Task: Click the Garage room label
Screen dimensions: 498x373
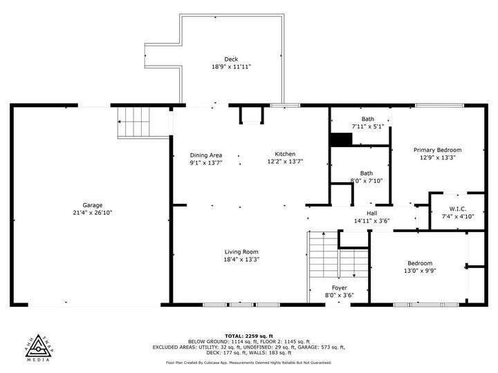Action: (x=93, y=205)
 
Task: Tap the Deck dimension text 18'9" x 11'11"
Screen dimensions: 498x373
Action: (x=231, y=67)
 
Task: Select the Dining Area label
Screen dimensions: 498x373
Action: (x=206, y=155)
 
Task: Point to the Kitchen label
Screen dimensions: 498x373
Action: (x=285, y=154)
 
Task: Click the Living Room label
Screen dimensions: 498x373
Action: (x=241, y=252)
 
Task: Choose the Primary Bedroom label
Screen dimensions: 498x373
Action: (x=437, y=150)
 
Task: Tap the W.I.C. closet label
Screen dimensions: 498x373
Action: (x=458, y=209)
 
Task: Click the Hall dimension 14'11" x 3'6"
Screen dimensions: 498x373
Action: (x=371, y=221)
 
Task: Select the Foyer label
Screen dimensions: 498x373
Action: (x=339, y=288)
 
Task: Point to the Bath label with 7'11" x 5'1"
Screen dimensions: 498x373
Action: (x=367, y=119)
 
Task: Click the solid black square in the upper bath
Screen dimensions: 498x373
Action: (x=341, y=140)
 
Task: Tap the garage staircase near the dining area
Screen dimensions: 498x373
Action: (x=133, y=122)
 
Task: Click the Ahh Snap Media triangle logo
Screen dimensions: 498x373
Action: (x=39, y=347)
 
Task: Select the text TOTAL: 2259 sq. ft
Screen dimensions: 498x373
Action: (x=249, y=336)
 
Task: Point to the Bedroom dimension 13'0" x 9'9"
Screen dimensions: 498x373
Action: (x=420, y=271)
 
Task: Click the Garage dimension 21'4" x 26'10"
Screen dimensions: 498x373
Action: (x=93, y=213)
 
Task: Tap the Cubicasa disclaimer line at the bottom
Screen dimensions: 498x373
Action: (x=249, y=363)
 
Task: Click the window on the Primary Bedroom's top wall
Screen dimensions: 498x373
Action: (x=440, y=105)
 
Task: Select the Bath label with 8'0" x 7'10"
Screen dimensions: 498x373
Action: (x=366, y=173)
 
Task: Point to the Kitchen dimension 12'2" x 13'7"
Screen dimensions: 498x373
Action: (x=285, y=162)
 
